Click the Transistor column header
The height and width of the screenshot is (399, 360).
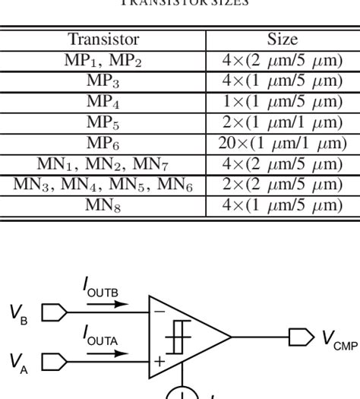click(x=104, y=40)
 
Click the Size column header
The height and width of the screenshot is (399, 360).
click(x=282, y=40)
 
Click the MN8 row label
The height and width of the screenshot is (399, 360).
click(x=104, y=204)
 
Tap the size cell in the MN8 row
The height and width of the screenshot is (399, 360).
click(x=282, y=204)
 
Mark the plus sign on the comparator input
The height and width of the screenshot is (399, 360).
click(x=159, y=361)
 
